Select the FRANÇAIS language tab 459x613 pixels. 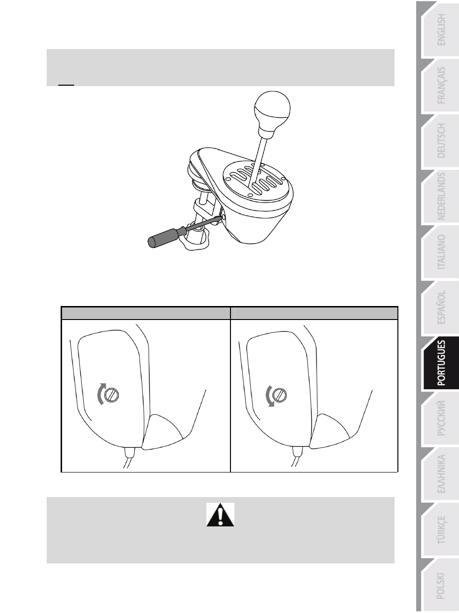[441, 86]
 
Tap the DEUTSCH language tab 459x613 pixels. [441, 141]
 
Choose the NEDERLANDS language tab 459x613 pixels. [441, 196]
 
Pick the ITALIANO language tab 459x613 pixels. [441, 252]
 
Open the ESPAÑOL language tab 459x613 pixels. [441, 307]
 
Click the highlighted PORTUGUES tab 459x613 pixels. [441, 363]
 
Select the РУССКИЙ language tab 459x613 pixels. [441, 418]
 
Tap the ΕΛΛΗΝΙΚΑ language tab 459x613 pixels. [441, 473]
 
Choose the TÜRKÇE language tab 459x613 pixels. [441, 529]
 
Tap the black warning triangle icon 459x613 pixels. [220, 515]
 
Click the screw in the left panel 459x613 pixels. [112, 395]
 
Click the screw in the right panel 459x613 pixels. [280, 395]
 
